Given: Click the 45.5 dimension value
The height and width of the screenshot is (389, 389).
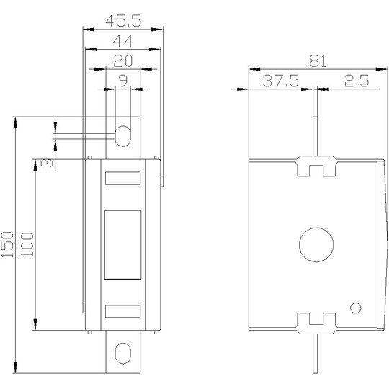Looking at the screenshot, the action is pyautogui.click(x=123, y=21).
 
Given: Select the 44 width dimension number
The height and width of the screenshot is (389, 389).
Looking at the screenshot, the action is pyautogui.click(x=122, y=41).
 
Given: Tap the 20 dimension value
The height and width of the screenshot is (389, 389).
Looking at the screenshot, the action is pyautogui.click(x=122, y=61).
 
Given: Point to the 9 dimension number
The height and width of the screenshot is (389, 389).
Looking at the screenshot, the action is pyautogui.click(x=123, y=81).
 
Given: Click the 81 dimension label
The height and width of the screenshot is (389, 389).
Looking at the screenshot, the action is pyautogui.click(x=318, y=61).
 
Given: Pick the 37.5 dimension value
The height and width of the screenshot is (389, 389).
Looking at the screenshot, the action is pyautogui.click(x=281, y=81).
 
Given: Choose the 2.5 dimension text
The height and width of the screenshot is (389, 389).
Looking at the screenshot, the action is pyautogui.click(x=357, y=81).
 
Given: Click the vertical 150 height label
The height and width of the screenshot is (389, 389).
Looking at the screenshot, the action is pyautogui.click(x=7, y=244).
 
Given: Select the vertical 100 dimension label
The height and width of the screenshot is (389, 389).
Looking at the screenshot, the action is pyautogui.click(x=27, y=244).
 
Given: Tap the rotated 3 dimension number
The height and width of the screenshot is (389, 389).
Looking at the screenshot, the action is pyautogui.click(x=47, y=163).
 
